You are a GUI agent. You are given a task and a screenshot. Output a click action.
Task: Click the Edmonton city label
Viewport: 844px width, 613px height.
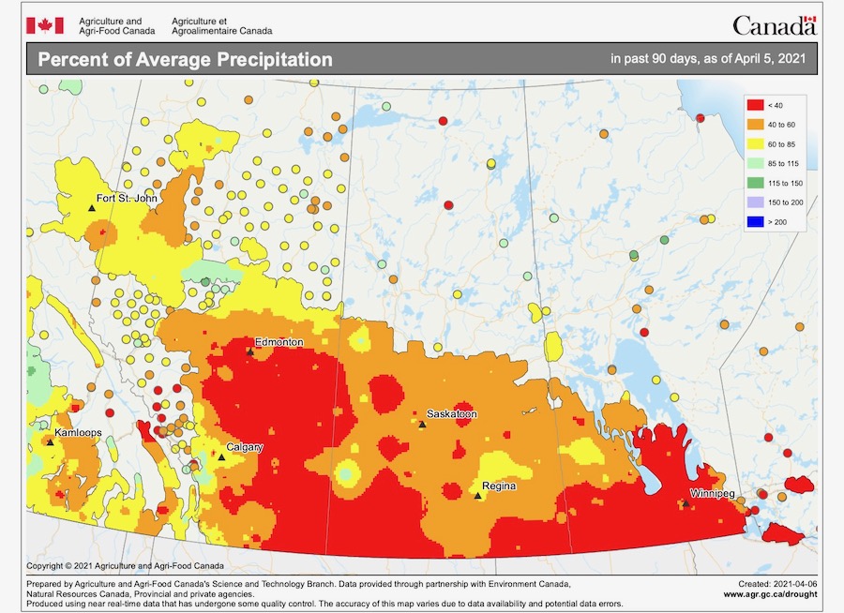[x=279, y=342]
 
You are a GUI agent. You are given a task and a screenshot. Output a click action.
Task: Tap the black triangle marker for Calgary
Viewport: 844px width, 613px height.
[x=221, y=457]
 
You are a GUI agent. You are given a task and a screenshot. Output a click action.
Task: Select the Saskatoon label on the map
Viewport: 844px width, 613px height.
[x=451, y=413]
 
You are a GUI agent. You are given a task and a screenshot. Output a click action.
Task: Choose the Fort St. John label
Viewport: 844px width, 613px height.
[x=126, y=198]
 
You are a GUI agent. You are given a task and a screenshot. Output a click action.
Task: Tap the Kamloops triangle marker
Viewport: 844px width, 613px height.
[x=49, y=442]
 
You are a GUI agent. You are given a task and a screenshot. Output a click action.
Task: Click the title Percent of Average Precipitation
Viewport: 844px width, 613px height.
[x=185, y=60]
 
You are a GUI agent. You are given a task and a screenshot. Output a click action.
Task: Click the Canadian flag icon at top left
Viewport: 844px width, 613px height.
[x=44, y=24]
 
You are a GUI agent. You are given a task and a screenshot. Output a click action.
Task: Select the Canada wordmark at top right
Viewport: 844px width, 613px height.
[x=774, y=25]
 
